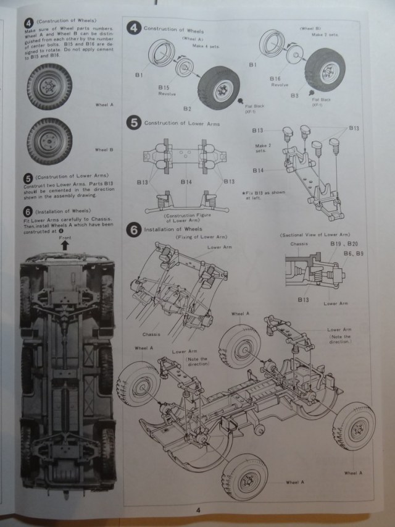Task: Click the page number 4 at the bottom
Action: point(199,510)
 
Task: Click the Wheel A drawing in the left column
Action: point(50,86)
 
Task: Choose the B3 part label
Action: point(296,96)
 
